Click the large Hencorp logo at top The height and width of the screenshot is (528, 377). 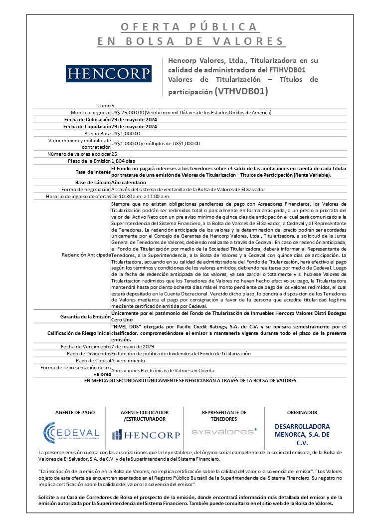[x=109, y=73]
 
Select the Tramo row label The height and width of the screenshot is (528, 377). [x=103, y=105]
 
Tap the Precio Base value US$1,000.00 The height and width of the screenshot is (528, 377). [x=126, y=133]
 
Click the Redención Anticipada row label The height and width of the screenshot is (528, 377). [x=85, y=255]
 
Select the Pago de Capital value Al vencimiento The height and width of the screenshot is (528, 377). [x=128, y=360]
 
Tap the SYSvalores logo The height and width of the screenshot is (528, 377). [x=224, y=430]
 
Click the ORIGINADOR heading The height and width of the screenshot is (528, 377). [x=302, y=413]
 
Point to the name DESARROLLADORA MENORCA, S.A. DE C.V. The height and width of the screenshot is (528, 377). [x=302, y=435]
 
